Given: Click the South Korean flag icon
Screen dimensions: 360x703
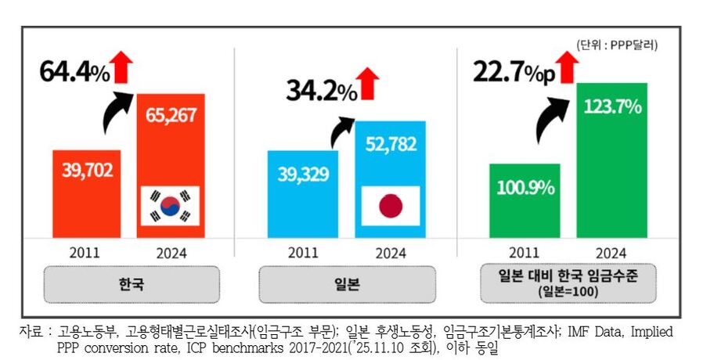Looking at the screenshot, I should point(170,207).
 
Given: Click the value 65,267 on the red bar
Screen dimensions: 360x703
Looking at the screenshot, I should point(171,117).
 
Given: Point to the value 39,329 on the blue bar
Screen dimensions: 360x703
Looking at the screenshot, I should point(303,174).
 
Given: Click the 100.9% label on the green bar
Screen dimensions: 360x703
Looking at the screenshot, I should point(524,188).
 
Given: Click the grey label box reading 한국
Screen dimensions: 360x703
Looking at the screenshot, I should point(127,285).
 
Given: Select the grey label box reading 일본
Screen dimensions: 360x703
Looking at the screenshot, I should point(348,285).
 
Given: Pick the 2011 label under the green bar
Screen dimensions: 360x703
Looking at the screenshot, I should point(524,252).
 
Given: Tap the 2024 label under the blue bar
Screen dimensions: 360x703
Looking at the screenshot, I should point(391,252).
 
